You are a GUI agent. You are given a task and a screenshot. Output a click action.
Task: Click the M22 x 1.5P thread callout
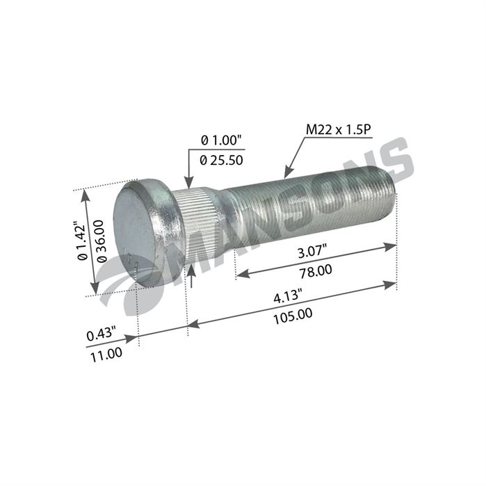coord(338,129)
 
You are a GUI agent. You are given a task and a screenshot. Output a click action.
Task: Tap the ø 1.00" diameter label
coord(221,140)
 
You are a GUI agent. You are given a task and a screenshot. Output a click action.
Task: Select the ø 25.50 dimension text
coord(221,160)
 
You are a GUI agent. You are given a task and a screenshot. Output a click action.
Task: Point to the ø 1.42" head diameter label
coord(83,241)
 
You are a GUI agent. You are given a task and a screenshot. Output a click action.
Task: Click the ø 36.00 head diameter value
coord(102,241)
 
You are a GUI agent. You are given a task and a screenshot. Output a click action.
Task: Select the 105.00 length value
coord(293,316)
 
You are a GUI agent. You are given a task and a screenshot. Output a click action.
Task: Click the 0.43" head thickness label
coord(101,334)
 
